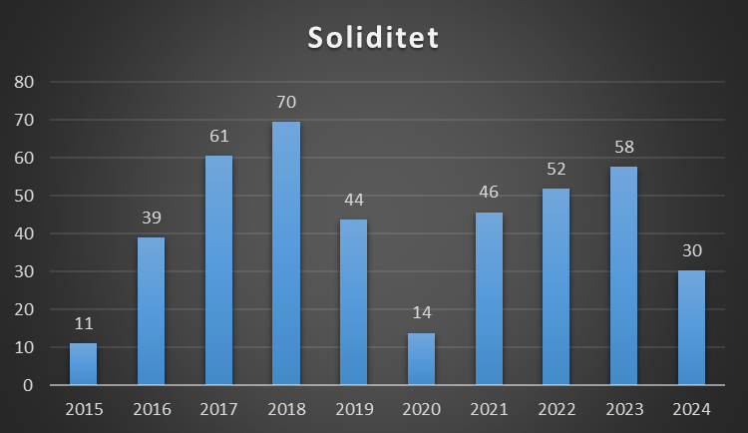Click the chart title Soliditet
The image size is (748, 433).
[x=373, y=38]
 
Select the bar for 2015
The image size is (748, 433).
[x=84, y=364]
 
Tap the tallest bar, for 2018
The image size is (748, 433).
[x=286, y=253]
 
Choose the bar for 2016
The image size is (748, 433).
[x=151, y=311]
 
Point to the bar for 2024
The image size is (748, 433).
[x=691, y=328]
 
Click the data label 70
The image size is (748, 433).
[x=286, y=102]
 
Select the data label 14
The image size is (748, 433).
[x=421, y=313]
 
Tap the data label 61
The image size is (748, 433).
[x=218, y=136]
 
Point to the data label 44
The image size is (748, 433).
[x=354, y=200]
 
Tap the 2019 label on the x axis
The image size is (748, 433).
[x=354, y=409]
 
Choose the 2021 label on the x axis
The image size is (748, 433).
[x=489, y=409]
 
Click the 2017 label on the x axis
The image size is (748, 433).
[x=218, y=409]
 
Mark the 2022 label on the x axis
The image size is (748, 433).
[x=557, y=409]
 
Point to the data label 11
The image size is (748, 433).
[x=84, y=323]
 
